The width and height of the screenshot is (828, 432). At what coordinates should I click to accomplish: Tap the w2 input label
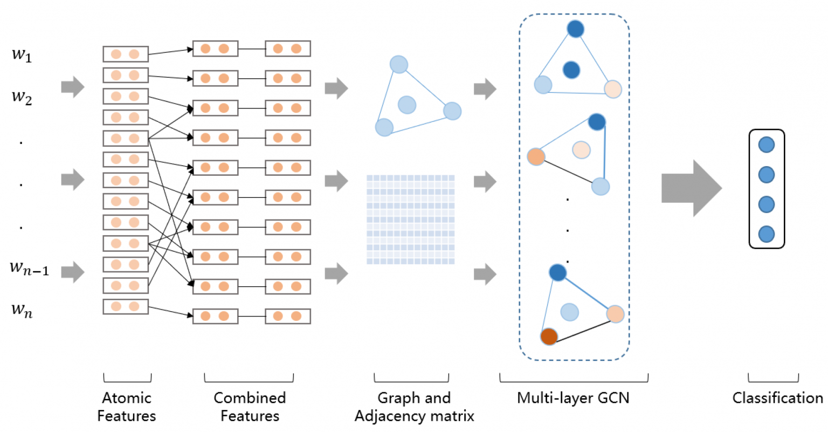click(x=22, y=97)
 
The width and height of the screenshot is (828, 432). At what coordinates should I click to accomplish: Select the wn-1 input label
click(x=29, y=268)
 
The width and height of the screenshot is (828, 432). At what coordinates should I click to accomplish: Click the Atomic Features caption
click(x=127, y=407)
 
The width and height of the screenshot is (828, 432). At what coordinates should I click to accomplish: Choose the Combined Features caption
click(x=250, y=407)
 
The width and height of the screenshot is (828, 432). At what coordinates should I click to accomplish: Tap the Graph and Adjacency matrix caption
click(x=415, y=407)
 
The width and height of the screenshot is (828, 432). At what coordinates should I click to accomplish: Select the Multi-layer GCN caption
click(x=573, y=399)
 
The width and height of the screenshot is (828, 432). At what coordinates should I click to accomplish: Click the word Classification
click(x=778, y=398)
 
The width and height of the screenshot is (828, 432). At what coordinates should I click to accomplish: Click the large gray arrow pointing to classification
click(x=692, y=188)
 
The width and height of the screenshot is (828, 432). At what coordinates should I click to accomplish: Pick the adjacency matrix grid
click(x=410, y=220)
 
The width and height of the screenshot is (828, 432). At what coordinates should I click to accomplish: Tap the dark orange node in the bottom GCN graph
click(x=549, y=337)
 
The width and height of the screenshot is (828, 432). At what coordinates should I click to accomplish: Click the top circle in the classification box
click(x=766, y=145)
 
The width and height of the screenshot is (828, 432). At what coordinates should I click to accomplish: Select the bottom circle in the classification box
click(x=766, y=234)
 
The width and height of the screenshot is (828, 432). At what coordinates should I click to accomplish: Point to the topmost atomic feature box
click(x=126, y=54)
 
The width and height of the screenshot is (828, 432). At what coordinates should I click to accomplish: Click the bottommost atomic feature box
click(x=126, y=307)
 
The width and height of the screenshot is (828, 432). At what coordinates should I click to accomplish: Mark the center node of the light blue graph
click(x=407, y=105)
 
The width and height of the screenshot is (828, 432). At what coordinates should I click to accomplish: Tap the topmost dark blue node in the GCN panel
click(x=576, y=29)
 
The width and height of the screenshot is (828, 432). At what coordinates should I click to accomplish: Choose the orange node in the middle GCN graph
click(x=536, y=156)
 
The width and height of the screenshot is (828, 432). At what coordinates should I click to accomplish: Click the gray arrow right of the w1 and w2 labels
click(x=73, y=87)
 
